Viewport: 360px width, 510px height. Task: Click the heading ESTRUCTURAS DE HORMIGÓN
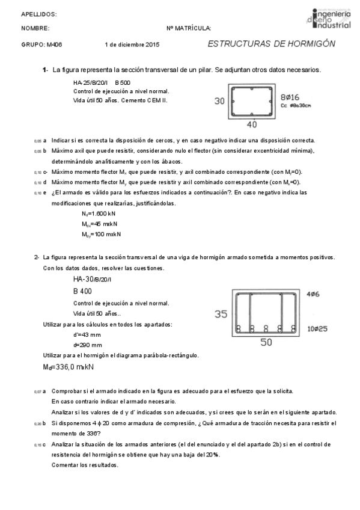[271, 44]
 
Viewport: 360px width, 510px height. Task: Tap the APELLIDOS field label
[39, 13]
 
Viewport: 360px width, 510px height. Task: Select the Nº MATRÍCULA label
[189, 28]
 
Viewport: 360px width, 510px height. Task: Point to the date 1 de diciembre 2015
[132, 45]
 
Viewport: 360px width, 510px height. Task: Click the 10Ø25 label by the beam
[316, 330]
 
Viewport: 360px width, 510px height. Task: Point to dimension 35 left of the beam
[221, 313]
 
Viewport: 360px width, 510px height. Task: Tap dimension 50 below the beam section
[266, 342]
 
